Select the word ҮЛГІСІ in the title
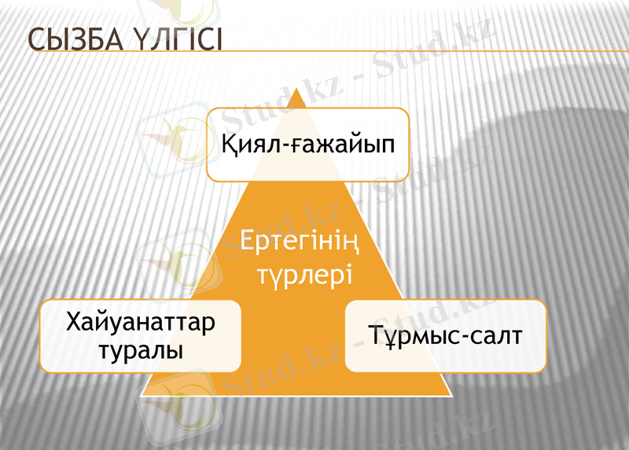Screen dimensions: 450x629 click(x=175, y=40)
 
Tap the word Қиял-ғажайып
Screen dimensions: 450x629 click(x=307, y=145)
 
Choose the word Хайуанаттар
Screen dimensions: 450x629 click(x=141, y=323)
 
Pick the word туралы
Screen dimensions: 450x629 click(x=141, y=349)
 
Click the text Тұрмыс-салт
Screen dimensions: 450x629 click(x=445, y=335)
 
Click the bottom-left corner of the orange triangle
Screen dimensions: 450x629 click(x=142, y=395)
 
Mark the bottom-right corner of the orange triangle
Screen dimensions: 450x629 click(x=452, y=395)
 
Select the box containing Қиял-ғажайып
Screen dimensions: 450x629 click(x=307, y=145)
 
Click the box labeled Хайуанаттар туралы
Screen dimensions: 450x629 click(x=141, y=335)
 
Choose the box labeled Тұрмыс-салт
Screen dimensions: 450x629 click(x=445, y=335)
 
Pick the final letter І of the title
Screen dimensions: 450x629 click(x=218, y=40)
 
